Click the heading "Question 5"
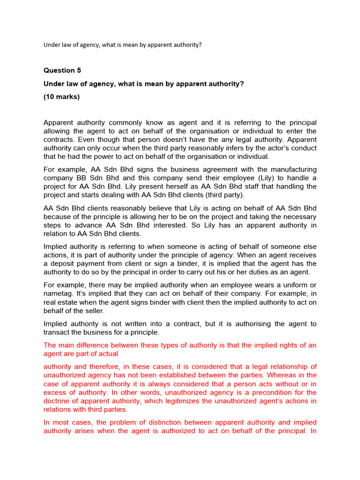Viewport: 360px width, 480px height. pyautogui.click(x=62, y=70)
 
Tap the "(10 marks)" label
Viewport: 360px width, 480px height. pyautogui.click(x=61, y=97)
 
